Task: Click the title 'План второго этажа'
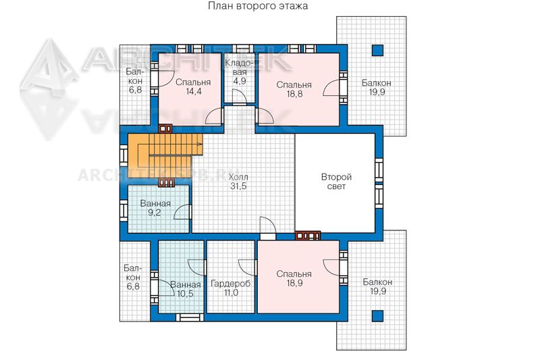tap(258, 6)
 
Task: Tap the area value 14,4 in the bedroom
tap(193, 92)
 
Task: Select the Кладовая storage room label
tap(240, 72)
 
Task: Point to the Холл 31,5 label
tap(238, 182)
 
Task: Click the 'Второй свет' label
tap(336, 182)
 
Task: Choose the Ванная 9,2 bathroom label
tap(155, 208)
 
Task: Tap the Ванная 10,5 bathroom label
tap(185, 289)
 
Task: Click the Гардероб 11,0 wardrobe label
tap(230, 288)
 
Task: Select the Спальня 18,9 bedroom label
tap(294, 278)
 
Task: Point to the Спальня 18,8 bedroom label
tap(294, 89)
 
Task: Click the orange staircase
tap(165, 156)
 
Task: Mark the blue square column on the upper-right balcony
tap(377, 50)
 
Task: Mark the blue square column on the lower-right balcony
tap(377, 316)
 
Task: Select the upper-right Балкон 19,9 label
tap(377, 88)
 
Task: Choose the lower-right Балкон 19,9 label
tap(378, 286)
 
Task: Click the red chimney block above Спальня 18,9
tap(308, 236)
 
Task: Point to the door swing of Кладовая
tap(238, 97)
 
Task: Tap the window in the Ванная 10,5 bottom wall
tap(190, 317)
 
